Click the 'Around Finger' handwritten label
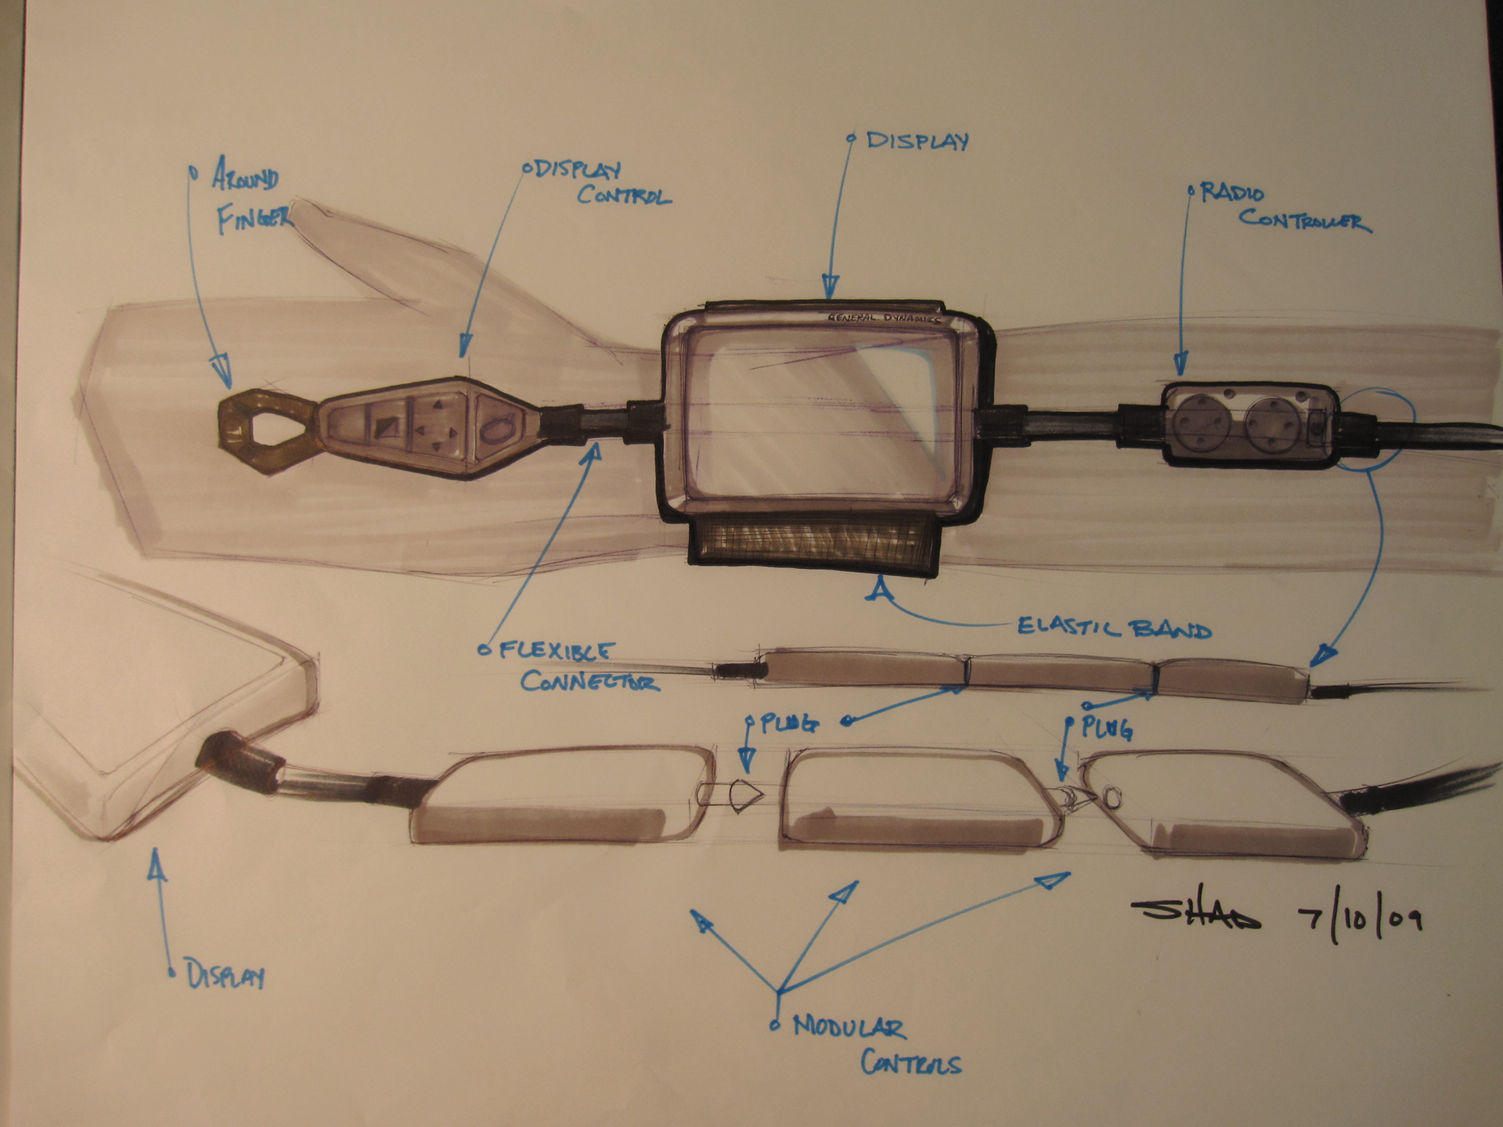coord(246,199)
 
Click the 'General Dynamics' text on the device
coord(885,319)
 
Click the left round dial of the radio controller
coord(1205,425)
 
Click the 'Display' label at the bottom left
coord(225,976)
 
